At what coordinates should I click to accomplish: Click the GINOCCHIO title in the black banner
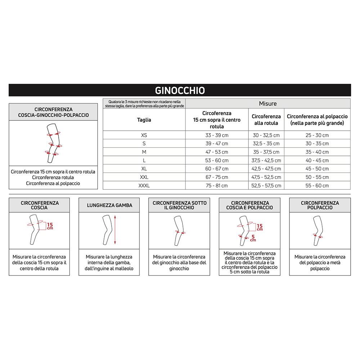click(180, 90)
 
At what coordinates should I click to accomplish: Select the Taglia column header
click(144, 120)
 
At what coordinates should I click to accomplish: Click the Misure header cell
click(268, 104)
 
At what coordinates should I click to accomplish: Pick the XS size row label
click(144, 135)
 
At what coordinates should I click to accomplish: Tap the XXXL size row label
click(144, 186)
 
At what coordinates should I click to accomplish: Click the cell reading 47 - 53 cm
click(217, 152)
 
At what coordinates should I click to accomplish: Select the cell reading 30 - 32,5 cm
click(266, 135)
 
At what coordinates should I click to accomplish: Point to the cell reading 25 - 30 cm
click(317, 135)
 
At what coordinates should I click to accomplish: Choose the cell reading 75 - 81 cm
click(217, 186)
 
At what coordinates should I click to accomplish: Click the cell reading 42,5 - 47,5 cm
click(266, 169)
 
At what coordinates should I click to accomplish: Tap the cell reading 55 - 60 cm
click(317, 186)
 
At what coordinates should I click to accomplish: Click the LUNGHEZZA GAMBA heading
click(109, 206)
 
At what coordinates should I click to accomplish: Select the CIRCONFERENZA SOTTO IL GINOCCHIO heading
click(180, 205)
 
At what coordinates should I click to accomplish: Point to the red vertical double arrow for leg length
click(115, 230)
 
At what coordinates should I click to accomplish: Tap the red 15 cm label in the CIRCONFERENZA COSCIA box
click(50, 226)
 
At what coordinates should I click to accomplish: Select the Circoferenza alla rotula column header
click(266, 120)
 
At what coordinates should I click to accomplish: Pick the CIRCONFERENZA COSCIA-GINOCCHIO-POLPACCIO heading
click(53, 112)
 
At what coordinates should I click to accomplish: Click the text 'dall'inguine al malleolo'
click(109, 269)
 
